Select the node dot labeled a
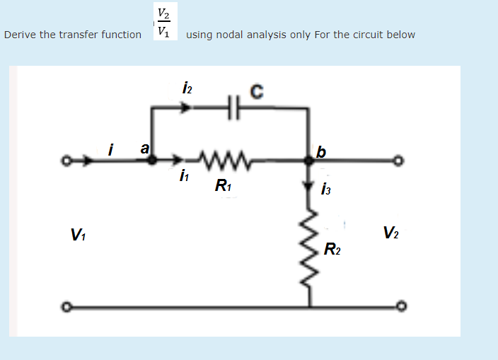click(152, 161)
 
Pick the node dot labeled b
click(309, 161)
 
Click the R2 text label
click(332, 248)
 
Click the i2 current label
click(186, 89)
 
